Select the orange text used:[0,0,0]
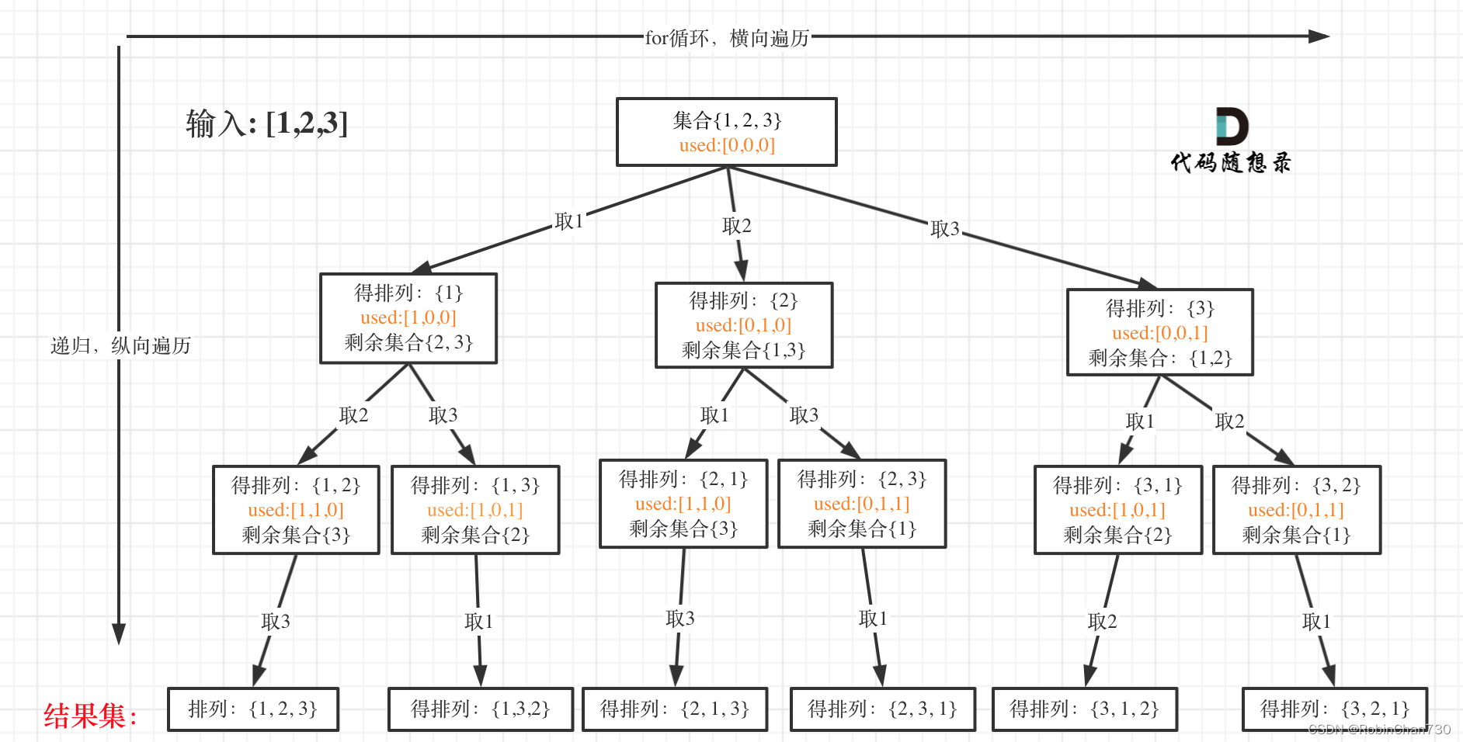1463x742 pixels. pyautogui.click(x=727, y=145)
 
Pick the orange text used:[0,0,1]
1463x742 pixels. pyautogui.click(x=1159, y=333)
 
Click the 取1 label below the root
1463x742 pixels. pyautogui.click(x=568, y=221)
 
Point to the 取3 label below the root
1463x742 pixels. pyautogui.click(x=945, y=229)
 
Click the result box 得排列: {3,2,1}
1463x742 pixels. pyautogui.click(x=1334, y=709)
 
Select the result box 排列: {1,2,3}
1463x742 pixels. pyautogui.click(x=253, y=709)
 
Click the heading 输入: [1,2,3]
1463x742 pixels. pyautogui.click(x=266, y=123)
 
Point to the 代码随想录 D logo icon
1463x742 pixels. pyautogui.click(x=1232, y=127)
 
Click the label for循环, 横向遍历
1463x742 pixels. pyautogui.click(x=727, y=38)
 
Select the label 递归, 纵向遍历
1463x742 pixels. pyautogui.click(x=120, y=345)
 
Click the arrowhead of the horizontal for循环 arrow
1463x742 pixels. pyautogui.click(x=1319, y=36)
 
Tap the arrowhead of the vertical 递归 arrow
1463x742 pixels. pyautogui.click(x=119, y=634)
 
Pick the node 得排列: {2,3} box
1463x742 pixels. pyautogui.click(x=862, y=503)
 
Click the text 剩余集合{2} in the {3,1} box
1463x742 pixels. pyautogui.click(x=1117, y=535)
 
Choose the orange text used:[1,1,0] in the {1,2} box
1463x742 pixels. pyautogui.click(x=295, y=510)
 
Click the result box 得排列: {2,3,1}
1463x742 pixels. pyautogui.click(x=882, y=709)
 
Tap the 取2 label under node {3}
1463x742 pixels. pyautogui.click(x=1229, y=421)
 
